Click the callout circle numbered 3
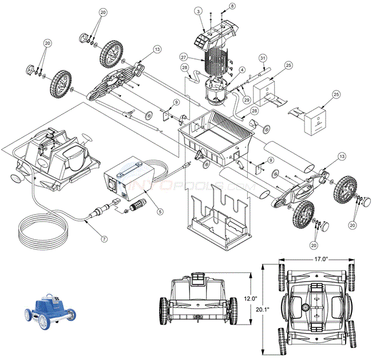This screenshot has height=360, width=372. tap(197, 11)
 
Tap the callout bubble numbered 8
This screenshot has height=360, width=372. tap(232, 6)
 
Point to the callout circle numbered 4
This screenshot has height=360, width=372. tap(243, 70)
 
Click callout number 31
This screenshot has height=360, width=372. tap(263, 58)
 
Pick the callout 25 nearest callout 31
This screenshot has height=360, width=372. tap(288, 65)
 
